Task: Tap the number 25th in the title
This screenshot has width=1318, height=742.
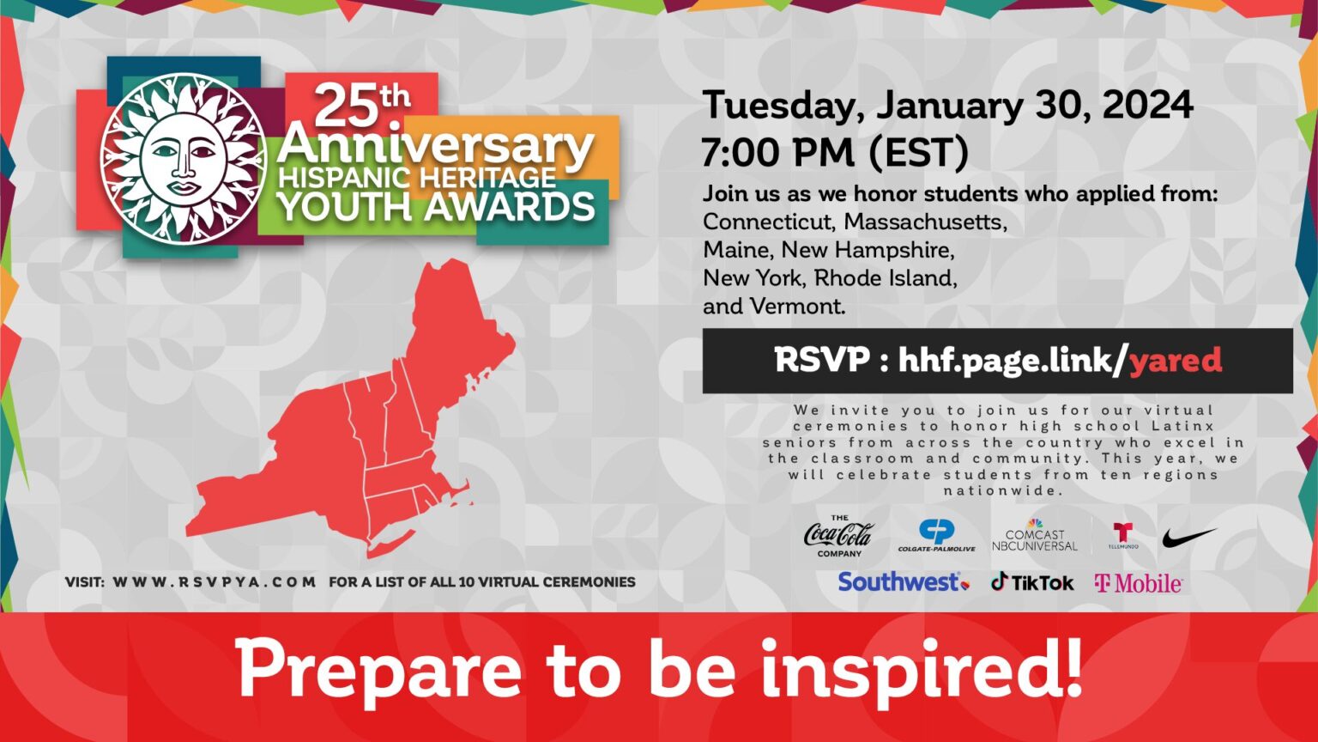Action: point(360,106)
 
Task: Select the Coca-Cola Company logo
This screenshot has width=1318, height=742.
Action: point(838,536)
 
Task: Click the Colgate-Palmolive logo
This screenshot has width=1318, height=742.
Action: point(936,535)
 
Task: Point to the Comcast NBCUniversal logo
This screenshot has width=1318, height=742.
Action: point(1035,536)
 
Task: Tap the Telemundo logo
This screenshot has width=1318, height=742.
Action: point(1122,536)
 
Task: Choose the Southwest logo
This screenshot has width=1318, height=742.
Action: point(903,582)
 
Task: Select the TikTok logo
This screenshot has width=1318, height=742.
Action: point(1032,582)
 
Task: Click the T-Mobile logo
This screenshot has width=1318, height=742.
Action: point(1139,584)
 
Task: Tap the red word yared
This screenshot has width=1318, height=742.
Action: point(1176,361)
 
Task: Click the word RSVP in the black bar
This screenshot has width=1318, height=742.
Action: point(821,360)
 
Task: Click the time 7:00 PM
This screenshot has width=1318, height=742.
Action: point(777,153)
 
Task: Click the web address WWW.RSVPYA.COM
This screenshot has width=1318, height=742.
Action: point(215,582)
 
